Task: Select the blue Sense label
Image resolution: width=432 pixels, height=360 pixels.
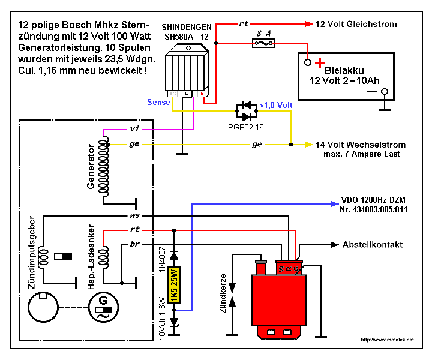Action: (x=158, y=103)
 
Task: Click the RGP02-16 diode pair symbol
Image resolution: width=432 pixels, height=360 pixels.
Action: (x=245, y=111)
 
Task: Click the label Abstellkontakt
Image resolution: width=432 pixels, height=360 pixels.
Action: (x=372, y=245)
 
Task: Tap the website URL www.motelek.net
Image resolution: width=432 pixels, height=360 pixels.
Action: (x=387, y=340)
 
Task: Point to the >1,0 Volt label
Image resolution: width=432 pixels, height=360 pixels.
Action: (x=275, y=106)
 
